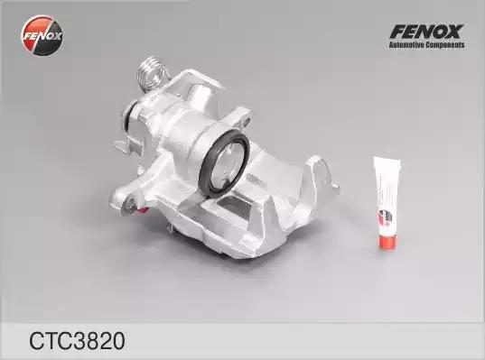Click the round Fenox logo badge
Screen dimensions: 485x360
42,35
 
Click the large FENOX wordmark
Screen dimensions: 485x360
427,32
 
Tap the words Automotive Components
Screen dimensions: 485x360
427,45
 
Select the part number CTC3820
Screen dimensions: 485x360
77,341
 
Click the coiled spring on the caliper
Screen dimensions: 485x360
151,73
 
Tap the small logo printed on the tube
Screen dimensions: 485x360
384,217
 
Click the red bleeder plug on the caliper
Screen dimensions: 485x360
143,210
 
